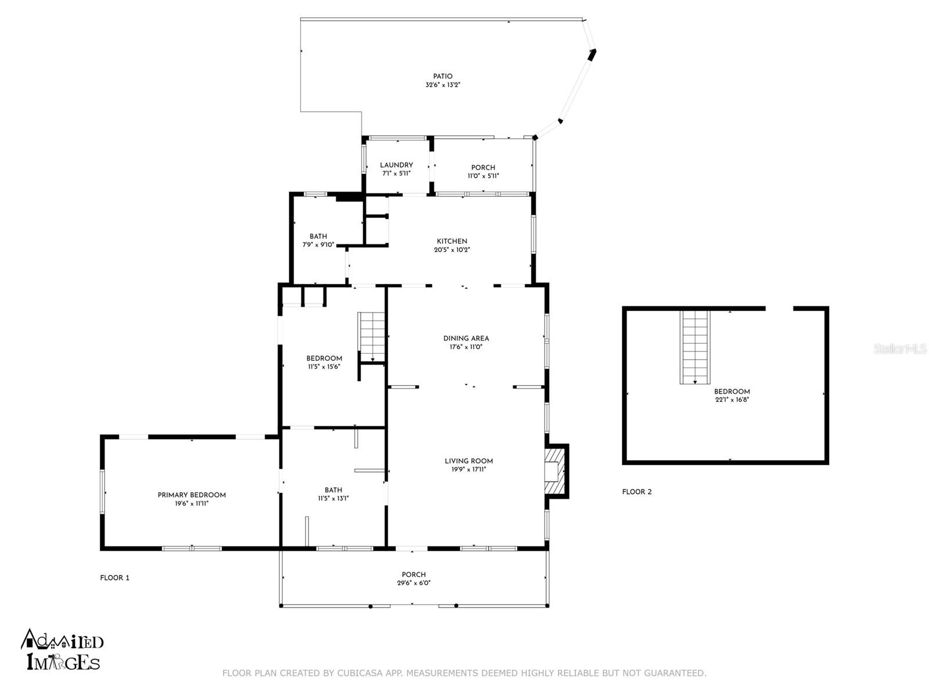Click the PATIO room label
tap(442, 77)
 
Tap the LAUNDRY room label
tap(396, 165)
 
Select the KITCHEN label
tap(452, 241)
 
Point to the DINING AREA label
tap(466, 339)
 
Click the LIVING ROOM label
tap(469, 461)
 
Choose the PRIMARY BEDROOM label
tap(192, 495)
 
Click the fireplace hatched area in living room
tap(555, 471)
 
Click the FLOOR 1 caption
tap(115, 578)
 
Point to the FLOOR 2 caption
tap(636, 492)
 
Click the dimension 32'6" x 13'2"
tap(442, 85)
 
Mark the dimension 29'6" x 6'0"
tap(413, 583)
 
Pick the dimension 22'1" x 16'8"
tap(732, 400)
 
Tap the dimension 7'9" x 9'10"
tap(318, 245)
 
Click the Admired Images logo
tap(62, 650)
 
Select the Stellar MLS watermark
tap(899, 349)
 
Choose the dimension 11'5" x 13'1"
tap(333, 499)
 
